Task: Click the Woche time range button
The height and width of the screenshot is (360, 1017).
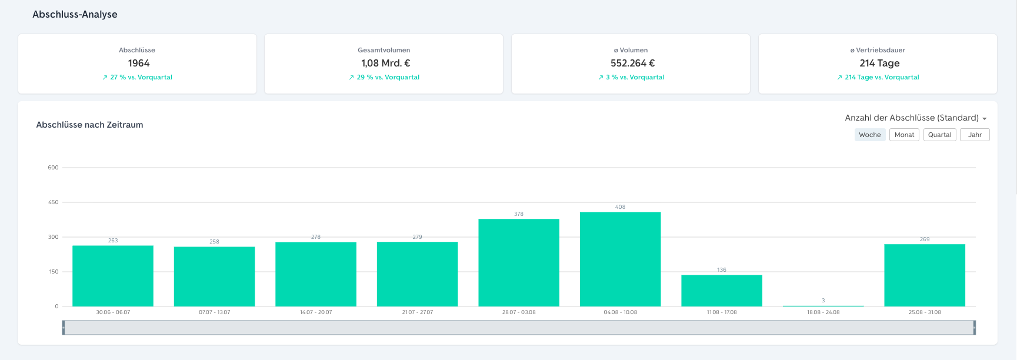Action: pyautogui.click(x=870, y=135)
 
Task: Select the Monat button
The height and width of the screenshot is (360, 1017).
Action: pyautogui.click(x=904, y=135)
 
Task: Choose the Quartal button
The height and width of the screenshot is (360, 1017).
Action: pyautogui.click(x=939, y=135)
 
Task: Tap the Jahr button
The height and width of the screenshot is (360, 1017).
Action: pyautogui.click(x=975, y=135)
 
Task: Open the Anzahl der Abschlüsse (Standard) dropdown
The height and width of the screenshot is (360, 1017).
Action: pyautogui.click(x=916, y=118)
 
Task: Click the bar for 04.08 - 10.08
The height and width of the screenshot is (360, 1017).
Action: pyautogui.click(x=620, y=259)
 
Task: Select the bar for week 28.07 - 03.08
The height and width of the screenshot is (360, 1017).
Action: pyautogui.click(x=519, y=262)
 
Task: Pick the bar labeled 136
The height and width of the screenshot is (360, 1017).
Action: pyautogui.click(x=722, y=291)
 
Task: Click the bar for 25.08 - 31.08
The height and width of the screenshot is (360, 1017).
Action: pyautogui.click(x=925, y=275)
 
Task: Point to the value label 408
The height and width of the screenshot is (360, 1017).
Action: pyautogui.click(x=620, y=207)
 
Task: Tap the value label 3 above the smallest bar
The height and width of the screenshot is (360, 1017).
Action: pyautogui.click(x=823, y=301)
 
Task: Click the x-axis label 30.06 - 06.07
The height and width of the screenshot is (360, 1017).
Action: pyautogui.click(x=113, y=312)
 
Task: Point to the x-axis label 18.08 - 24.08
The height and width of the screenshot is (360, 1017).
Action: pyautogui.click(x=823, y=312)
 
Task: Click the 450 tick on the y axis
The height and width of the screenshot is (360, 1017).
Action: pyautogui.click(x=54, y=202)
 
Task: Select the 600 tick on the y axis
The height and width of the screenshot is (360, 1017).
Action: pyautogui.click(x=54, y=168)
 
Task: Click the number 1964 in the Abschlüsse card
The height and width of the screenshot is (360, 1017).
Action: pyautogui.click(x=139, y=63)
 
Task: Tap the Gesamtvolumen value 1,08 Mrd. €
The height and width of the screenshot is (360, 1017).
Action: pyautogui.click(x=386, y=63)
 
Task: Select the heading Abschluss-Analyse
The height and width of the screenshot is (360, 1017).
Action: pyautogui.click(x=75, y=14)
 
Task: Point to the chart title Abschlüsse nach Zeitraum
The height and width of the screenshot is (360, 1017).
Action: pyautogui.click(x=89, y=125)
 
